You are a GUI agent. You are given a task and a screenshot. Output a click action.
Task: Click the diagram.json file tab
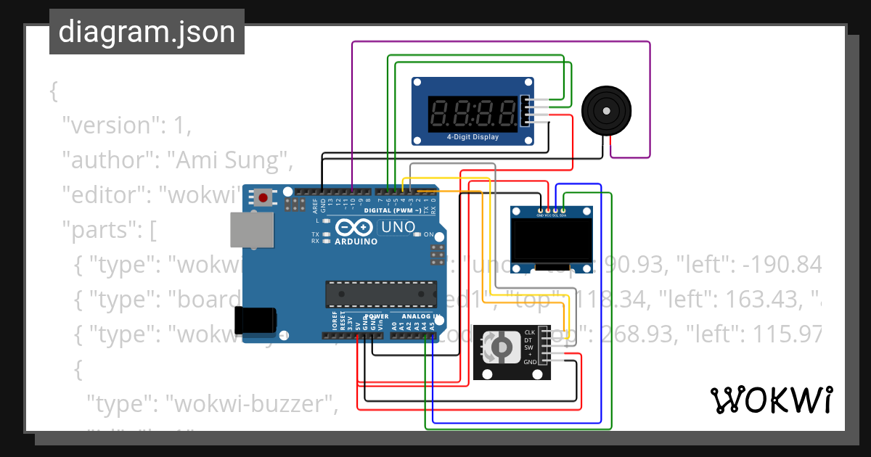point(147,32)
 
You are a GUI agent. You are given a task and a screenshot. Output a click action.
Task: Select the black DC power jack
point(255,319)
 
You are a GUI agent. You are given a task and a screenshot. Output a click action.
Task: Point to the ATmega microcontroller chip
point(381,293)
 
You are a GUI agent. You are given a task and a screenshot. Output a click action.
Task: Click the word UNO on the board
point(398,227)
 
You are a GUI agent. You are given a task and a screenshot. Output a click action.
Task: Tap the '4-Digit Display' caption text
point(473,136)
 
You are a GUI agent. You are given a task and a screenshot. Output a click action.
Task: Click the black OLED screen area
point(550,242)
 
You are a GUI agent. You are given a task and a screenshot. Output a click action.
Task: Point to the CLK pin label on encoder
point(529,332)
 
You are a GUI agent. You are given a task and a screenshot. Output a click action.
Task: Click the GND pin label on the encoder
point(530,361)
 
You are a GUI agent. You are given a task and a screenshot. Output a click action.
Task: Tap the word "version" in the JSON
point(109,125)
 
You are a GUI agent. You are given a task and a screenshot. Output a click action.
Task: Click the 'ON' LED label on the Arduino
point(428,234)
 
